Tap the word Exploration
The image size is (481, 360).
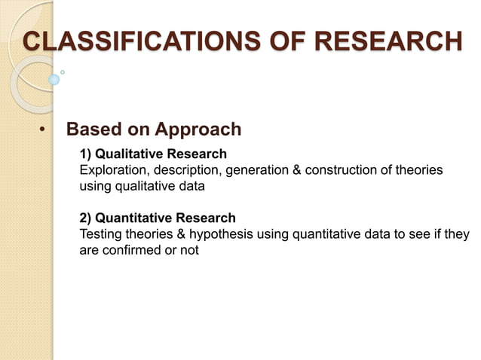click(x=112, y=170)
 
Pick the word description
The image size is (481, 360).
click(x=185, y=170)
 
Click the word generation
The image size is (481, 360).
click(x=256, y=170)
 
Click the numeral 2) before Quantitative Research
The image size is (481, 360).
click(x=86, y=218)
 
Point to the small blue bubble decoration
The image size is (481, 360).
click(x=54, y=79)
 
